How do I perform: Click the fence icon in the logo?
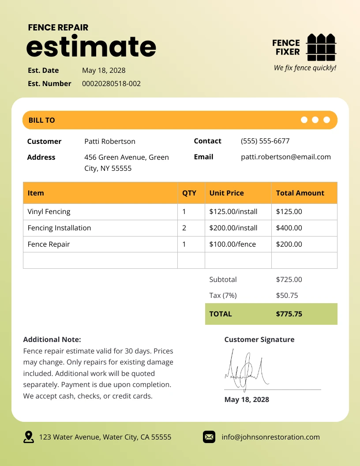coord(321,47)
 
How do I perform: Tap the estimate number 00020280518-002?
coord(111,83)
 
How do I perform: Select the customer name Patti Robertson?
coord(110,141)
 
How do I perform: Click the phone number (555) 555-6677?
coord(265,141)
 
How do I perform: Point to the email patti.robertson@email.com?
coord(285,157)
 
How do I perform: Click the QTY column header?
coord(189,193)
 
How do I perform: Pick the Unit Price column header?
coord(227,193)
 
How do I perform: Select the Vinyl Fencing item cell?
coord(49,211)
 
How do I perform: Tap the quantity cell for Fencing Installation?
coord(184,228)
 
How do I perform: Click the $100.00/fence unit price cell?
coord(232,244)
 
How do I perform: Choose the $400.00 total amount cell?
coord(289,228)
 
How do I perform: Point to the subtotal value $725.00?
coord(289,279)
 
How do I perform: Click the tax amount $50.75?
coord(287,295)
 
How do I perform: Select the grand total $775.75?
coord(289,314)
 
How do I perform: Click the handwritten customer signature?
coord(245,369)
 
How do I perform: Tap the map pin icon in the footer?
coord(29,437)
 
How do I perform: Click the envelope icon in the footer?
coord(209,437)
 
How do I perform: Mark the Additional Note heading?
coord(52,339)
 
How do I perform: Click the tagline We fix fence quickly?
coord(305,68)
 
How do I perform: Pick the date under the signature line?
coord(247,399)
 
